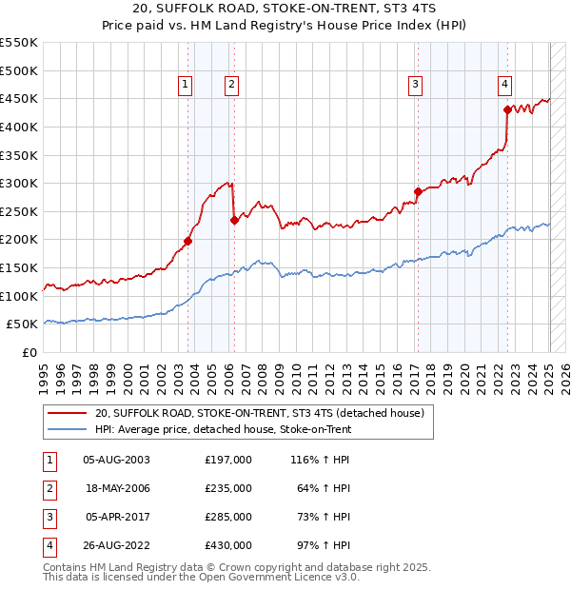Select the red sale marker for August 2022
507,109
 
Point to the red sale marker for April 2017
417,191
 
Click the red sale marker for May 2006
234,220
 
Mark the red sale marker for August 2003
187,241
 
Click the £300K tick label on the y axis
19,183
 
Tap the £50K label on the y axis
23,324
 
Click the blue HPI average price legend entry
223,429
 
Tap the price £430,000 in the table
227,545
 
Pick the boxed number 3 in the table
49,517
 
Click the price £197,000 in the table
227,460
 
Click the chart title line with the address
285,10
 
